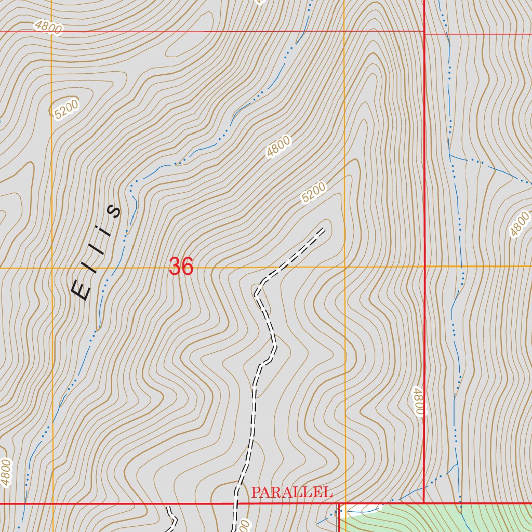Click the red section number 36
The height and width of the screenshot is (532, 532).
[181, 267]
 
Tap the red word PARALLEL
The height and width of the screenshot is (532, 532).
[291, 493]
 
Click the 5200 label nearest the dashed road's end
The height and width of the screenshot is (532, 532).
[313, 193]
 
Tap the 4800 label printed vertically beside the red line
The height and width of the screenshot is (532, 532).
[419, 401]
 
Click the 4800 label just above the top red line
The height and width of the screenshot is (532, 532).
[49, 26]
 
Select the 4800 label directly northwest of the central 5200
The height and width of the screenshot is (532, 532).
[278, 147]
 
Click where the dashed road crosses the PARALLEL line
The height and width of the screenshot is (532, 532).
[236, 503]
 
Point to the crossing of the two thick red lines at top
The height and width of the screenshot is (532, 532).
[424, 33]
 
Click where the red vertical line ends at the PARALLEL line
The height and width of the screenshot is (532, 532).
[424, 502]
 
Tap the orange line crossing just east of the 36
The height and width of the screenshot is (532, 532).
[345, 268]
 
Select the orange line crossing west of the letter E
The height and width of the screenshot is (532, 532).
[52, 268]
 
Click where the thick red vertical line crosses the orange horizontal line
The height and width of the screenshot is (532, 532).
[424, 267]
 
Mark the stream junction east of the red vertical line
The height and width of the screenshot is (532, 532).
[450, 154]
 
